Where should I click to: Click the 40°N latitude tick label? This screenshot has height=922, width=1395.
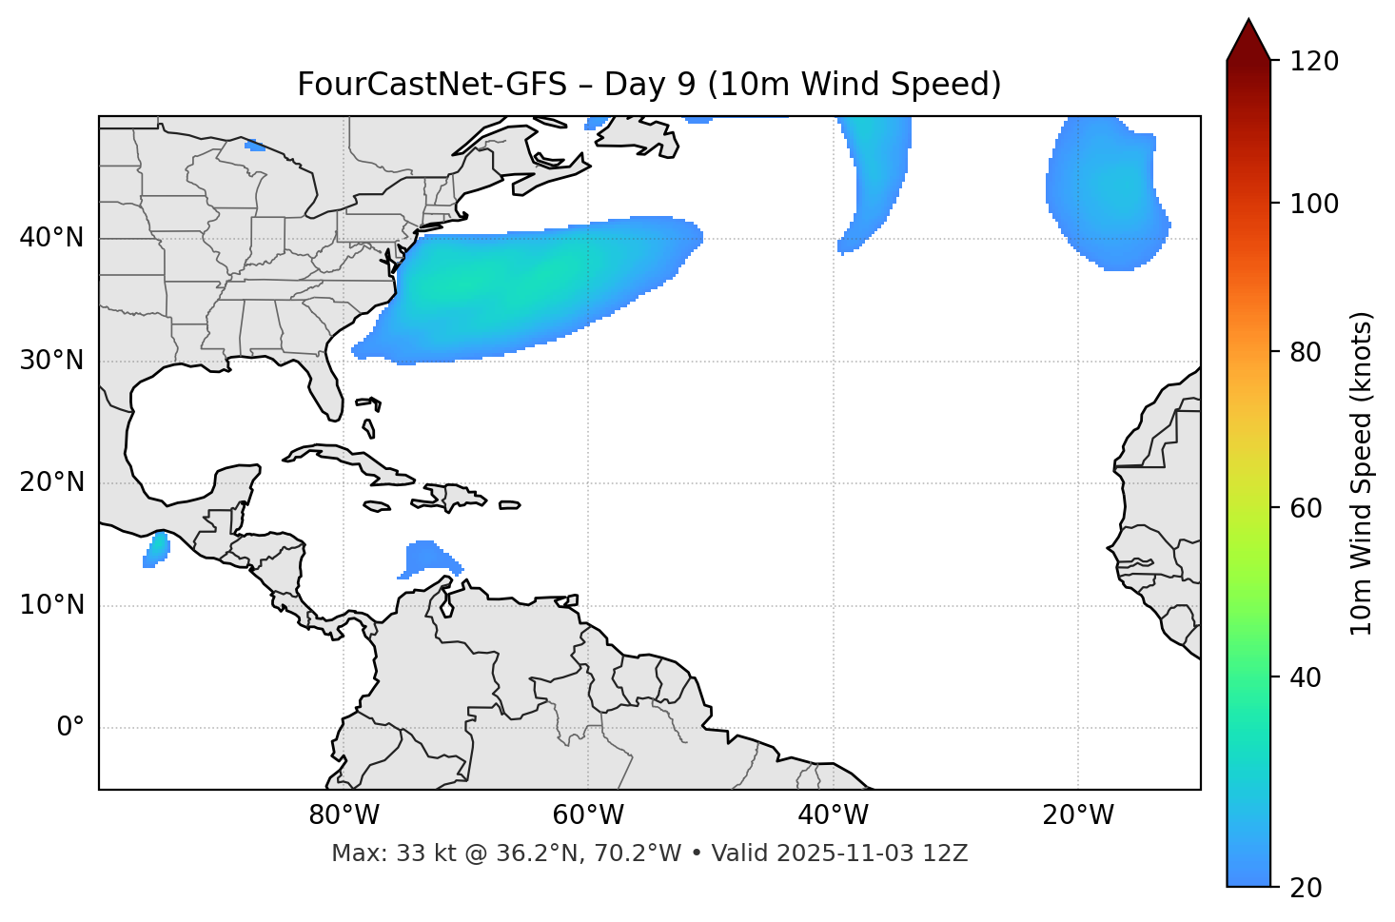(x=51, y=238)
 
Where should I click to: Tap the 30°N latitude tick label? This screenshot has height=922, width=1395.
(x=51, y=361)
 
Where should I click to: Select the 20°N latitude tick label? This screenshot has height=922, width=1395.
(x=51, y=482)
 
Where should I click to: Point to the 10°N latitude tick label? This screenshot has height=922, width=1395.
(x=51, y=605)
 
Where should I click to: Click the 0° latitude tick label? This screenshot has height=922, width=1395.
(x=70, y=728)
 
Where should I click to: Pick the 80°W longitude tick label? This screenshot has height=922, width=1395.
(x=344, y=815)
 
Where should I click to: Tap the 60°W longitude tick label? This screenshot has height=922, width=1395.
(x=588, y=815)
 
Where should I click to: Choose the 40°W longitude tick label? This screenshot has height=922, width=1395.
(x=834, y=815)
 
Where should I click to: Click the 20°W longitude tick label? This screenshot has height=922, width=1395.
(x=1078, y=815)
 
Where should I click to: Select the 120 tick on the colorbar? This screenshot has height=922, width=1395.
(x=1314, y=62)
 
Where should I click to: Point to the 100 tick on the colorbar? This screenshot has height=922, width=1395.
(x=1314, y=204)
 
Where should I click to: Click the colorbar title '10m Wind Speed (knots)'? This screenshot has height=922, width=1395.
(x=1362, y=474)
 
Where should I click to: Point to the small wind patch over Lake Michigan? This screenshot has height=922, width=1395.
(x=255, y=146)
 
